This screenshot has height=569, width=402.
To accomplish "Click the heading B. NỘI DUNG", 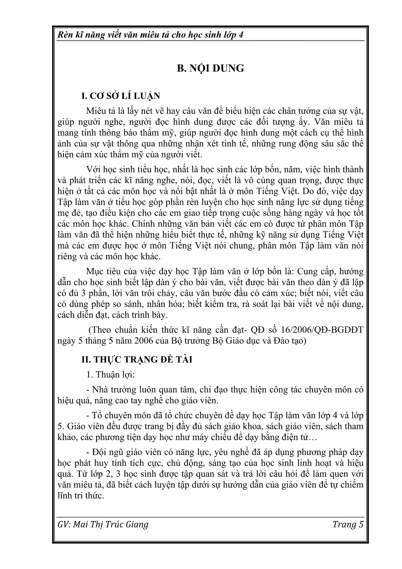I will click(210, 68).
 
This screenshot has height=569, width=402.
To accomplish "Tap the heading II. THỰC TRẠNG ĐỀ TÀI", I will click(136, 360).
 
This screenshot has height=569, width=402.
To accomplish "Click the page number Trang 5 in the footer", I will click(348, 524).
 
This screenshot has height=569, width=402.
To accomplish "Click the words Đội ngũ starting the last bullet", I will click(106, 453).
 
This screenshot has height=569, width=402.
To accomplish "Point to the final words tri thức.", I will click(89, 496).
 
